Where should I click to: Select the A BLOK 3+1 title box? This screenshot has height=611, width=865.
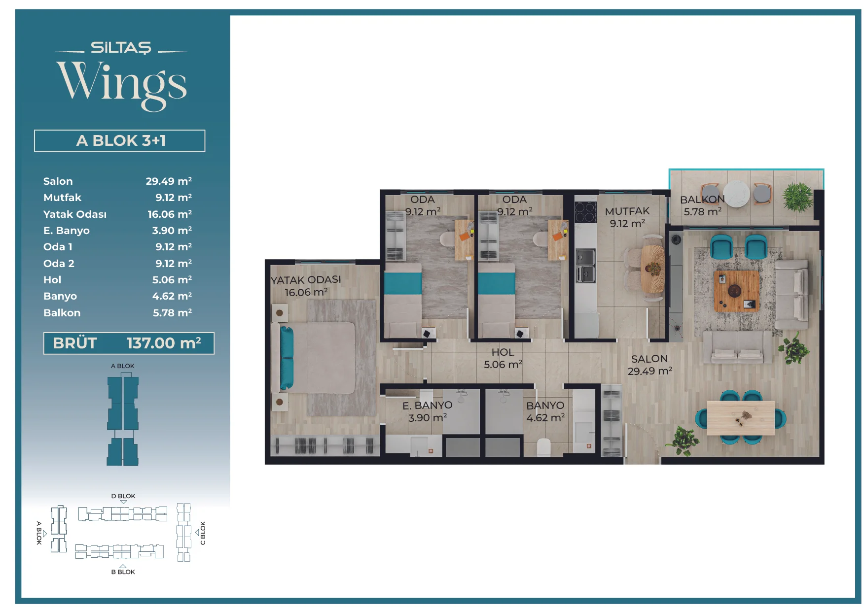120,141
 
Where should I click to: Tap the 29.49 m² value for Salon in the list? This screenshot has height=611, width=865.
169,181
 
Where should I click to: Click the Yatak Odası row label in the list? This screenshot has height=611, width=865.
75,214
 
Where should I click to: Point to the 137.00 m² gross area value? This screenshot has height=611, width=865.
164,343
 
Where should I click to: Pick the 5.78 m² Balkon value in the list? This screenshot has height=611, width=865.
172,312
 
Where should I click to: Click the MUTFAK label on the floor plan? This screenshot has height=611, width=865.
627,211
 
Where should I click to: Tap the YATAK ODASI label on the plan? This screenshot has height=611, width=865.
306,280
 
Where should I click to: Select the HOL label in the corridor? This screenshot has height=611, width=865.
503,352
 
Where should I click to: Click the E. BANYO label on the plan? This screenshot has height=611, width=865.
428,406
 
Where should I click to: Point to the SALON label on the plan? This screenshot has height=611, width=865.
649,359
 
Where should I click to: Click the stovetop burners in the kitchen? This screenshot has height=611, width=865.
585,212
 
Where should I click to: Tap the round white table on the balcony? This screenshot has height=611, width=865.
737,194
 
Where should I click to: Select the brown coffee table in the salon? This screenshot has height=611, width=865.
736,291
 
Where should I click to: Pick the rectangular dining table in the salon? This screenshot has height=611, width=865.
741,418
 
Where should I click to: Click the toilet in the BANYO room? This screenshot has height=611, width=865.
543,447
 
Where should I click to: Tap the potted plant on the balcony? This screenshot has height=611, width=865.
797,197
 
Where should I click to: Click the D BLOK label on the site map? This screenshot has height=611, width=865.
123,496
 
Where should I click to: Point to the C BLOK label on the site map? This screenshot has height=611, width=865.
203,533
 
